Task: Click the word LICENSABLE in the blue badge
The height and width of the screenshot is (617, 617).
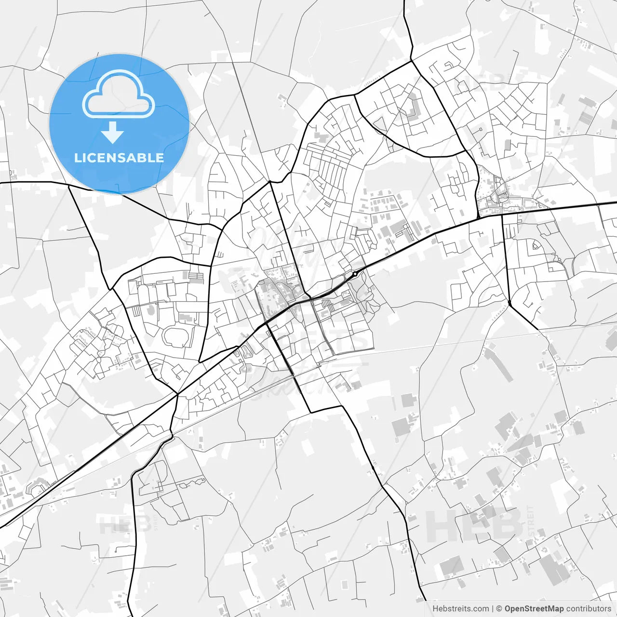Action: tap(119, 158)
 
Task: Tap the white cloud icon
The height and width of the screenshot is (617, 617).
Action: tap(119, 95)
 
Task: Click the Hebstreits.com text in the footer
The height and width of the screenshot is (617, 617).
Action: tap(460, 608)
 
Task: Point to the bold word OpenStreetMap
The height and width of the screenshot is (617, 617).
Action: tap(534, 608)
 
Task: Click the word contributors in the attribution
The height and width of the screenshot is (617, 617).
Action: tap(589, 608)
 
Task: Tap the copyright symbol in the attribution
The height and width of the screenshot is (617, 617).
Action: tap(499, 608)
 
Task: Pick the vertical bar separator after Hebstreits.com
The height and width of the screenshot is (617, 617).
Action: tap(492, 608)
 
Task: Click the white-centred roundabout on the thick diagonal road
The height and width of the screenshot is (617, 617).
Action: tap(355, 274)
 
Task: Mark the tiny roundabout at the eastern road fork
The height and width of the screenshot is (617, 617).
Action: tap(510, 303)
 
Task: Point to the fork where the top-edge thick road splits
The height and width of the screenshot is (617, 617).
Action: tap(412, 61)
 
